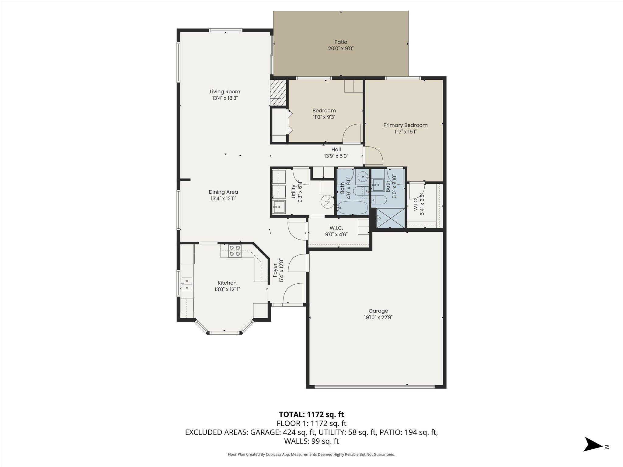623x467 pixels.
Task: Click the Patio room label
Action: [x=341, y=42]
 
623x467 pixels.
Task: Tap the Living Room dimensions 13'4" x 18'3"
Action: [x=225, y=98]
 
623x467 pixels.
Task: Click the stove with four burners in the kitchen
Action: [x=235, y=251]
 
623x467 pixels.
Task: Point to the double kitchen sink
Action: [x=187, y=284]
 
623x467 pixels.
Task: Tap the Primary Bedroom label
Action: [x=405, y=125]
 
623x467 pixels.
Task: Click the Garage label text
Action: [x=378, y=311]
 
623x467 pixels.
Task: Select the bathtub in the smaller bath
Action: [x=352, y=208]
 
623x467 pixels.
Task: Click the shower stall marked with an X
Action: [x=391, y=218]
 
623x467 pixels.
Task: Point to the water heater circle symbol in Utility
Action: [x=328, y=202]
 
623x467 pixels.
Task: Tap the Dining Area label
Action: [x=223, y=192]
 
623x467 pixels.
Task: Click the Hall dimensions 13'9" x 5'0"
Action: [x=336, y=156]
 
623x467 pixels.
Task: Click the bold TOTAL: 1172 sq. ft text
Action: [x=311, y=414]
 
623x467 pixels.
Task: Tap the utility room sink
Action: [x=279, y=207]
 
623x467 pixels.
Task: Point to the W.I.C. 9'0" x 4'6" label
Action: [x=336, y=231]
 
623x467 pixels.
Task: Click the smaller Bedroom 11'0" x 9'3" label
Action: [x=324, y=114]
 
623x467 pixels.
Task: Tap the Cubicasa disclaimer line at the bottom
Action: [x=311, y=455]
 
